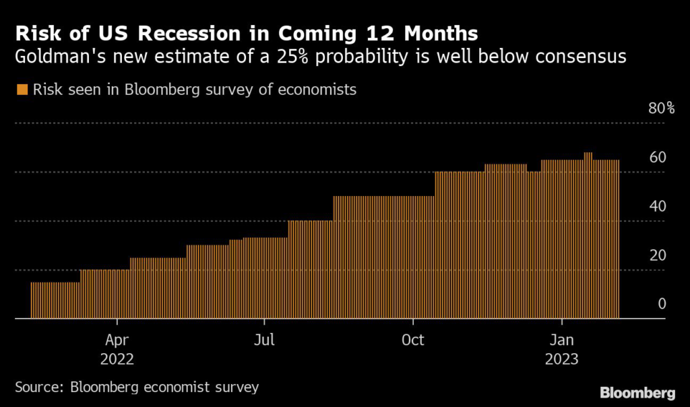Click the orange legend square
point(22,90)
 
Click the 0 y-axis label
point(662,304)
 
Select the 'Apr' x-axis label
point(117,339)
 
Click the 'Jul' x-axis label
point(265,339)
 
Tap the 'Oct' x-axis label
point(412,339)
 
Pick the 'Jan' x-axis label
point(562,339)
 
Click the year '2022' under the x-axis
point(117,358)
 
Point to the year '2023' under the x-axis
point(562,358)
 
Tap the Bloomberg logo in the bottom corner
point(637,392)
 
